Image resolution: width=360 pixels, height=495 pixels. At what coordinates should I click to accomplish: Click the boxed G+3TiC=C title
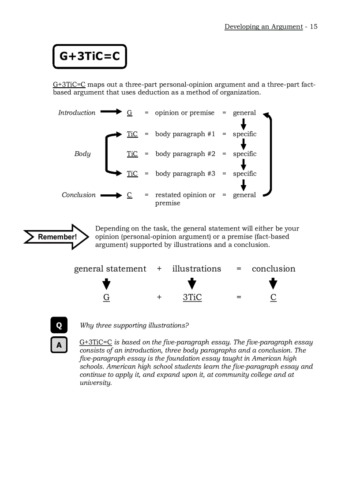click(90, 56)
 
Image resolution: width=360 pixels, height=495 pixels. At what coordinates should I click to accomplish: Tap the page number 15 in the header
click(313, 26)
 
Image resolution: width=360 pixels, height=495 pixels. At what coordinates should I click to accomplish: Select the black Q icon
click(59, 325)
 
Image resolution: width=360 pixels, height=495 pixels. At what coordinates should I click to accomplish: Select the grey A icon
click(59, 345)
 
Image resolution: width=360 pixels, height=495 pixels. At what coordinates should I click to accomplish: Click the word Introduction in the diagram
click(77, 113)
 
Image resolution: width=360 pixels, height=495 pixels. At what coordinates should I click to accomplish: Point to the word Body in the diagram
click(82, 154)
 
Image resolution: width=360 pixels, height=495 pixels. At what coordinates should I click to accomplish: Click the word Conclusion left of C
click(79, 195)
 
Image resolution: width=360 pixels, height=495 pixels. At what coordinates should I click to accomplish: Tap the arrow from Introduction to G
click(111, 112)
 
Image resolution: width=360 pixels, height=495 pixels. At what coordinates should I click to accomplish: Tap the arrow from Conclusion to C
click(111, 195)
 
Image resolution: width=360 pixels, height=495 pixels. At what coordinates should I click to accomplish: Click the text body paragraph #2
click(185, 154)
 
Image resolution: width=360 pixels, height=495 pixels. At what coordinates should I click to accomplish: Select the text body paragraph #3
click(185, 174)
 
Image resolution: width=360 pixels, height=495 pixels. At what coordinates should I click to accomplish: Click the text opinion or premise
click(184, 113)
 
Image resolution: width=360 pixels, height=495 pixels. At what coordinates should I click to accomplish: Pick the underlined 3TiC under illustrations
click(192, 298)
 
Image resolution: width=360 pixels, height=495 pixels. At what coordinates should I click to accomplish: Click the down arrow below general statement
click(106, 283)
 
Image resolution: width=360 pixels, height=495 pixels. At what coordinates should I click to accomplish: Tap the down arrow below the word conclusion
click(274, 283)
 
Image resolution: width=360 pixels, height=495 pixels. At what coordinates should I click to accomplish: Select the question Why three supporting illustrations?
click(134, 326)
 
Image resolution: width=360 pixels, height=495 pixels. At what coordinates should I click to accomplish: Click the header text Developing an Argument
click(263, 26)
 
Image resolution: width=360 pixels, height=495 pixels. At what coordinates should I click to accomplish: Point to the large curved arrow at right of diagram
click(269, 154)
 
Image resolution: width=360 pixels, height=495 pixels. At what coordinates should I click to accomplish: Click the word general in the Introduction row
click(244, 113)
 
